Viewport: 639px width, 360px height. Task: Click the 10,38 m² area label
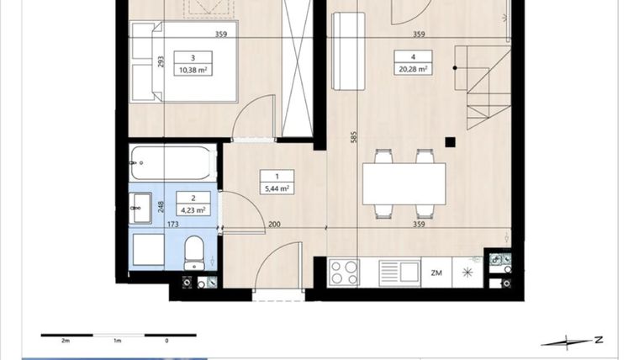(193, 71)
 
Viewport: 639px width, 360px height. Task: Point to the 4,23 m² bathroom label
(193, 210)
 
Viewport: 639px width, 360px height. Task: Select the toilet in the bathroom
(194, 252)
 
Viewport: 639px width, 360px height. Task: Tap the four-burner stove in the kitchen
(344, 273)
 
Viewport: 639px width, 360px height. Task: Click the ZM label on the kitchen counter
(436, 273)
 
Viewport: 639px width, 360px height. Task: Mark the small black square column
(451, 141)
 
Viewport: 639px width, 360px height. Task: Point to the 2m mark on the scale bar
(66, 341)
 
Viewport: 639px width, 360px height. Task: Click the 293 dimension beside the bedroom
(160, 61)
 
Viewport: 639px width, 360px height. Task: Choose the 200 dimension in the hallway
(274, 225)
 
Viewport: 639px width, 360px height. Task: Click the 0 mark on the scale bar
(166, 341)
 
